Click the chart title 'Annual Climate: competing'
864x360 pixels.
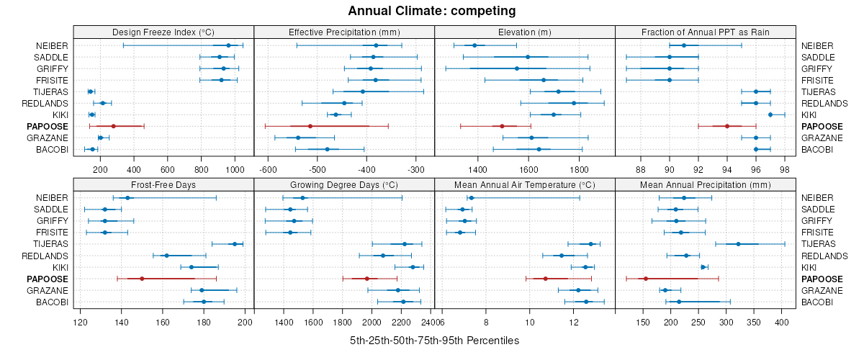tap(431, 11)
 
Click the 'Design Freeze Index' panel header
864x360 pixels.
tap(163, 32)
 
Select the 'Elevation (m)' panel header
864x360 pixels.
tap(525, 32)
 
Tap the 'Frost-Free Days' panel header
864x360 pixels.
tap(163, 184)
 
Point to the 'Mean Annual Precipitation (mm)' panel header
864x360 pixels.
tap(706, 184)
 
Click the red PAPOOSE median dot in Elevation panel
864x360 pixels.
tap(502, 126)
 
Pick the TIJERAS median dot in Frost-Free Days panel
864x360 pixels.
tap(235, 244)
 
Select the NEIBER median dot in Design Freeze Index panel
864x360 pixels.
tap(228, 45)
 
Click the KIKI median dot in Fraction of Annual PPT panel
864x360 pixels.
tap(770, 114)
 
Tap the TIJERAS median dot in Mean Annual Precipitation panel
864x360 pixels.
tap(739, 244)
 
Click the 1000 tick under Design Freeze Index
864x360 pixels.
tap(235, 169)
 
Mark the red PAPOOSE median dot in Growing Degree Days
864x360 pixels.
tap(366, 279)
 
